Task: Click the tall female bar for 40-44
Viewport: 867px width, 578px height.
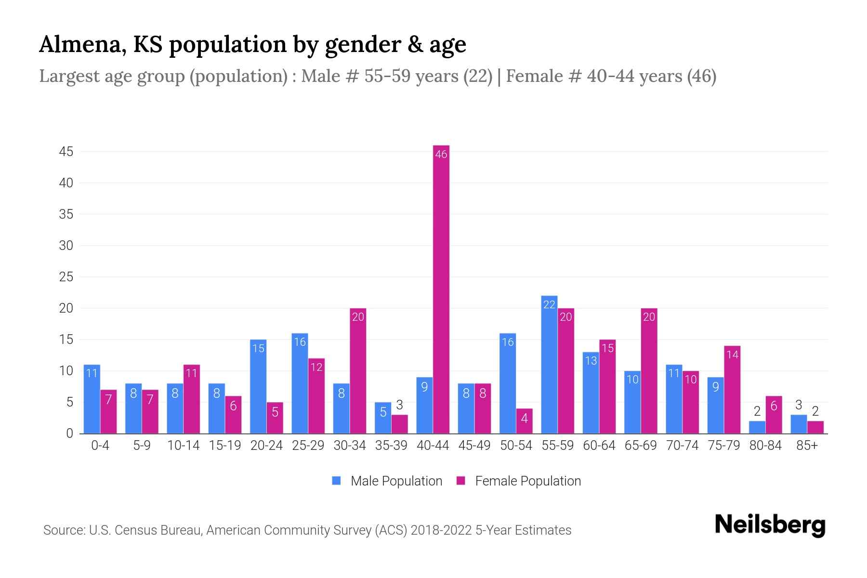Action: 441,289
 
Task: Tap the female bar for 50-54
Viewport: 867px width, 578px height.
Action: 524,421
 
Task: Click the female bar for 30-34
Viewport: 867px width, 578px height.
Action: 358,371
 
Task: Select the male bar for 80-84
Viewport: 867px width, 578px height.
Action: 757,427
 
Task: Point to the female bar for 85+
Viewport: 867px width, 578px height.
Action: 815,427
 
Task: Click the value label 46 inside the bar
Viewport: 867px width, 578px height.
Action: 441,154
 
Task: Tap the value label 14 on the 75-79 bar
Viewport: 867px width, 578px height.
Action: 732,355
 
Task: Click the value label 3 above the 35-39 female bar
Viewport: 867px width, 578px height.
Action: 399,405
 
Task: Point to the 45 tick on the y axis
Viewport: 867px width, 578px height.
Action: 66,152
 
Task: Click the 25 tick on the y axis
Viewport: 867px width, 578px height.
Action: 66,277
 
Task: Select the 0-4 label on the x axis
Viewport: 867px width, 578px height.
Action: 100,446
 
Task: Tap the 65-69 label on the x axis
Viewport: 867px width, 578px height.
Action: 641,446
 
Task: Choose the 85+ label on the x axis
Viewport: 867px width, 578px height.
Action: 807,446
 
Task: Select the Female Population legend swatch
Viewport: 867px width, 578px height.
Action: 461,481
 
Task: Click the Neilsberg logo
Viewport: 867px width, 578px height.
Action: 770,525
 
